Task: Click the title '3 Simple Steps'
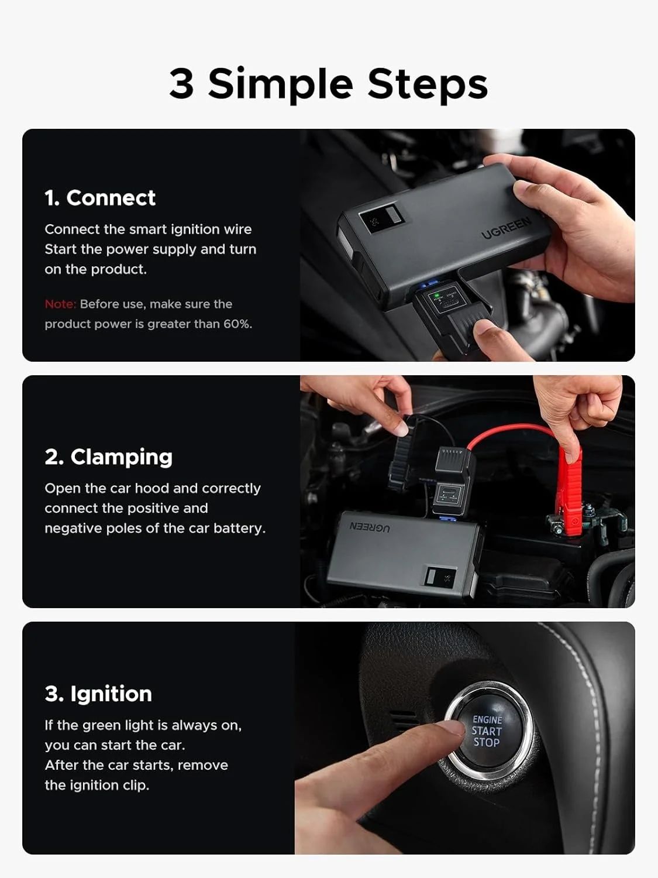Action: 328,84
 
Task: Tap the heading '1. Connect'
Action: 100,198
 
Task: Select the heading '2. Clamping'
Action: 108,457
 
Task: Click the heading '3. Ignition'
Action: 98,694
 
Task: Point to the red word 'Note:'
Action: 60,304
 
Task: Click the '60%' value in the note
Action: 237,324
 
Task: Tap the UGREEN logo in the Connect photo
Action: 506,227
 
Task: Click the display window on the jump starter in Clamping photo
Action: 440,579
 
